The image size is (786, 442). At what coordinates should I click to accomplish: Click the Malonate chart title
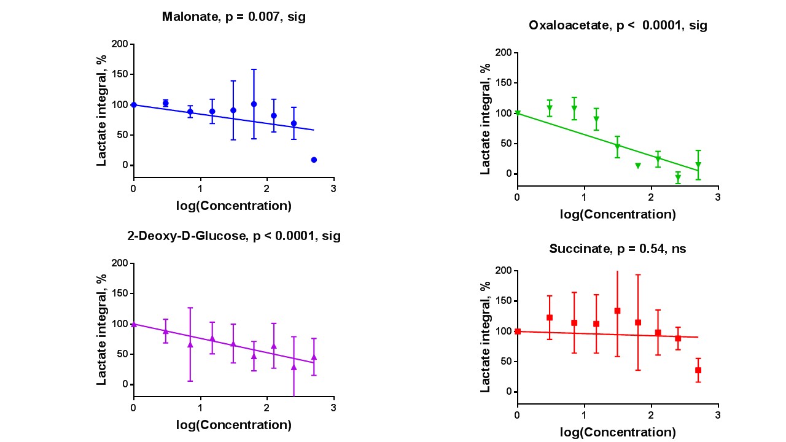point(233,17)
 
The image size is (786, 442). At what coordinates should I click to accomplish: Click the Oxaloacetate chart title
point(618,26)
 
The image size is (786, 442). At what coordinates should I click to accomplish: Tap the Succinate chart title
point(618,249)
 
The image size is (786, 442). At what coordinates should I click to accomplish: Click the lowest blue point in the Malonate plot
point(314,160)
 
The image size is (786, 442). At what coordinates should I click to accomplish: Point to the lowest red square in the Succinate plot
point(698,370)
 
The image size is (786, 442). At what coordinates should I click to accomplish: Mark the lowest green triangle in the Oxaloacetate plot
point(678,178)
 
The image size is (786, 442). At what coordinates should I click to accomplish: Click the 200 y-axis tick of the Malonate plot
point(120,44)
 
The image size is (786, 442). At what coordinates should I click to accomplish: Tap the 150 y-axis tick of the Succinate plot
point(504,301)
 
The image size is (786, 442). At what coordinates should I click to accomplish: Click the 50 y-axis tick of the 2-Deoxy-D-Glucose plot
point(122,354)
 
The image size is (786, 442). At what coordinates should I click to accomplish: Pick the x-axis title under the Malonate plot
point(233,206)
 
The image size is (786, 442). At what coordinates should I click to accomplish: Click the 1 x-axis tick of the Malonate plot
point(200,188)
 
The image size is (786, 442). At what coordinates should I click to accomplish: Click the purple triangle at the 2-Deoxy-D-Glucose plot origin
point(134,324)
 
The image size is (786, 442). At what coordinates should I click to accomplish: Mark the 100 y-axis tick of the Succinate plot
point(504,331)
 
